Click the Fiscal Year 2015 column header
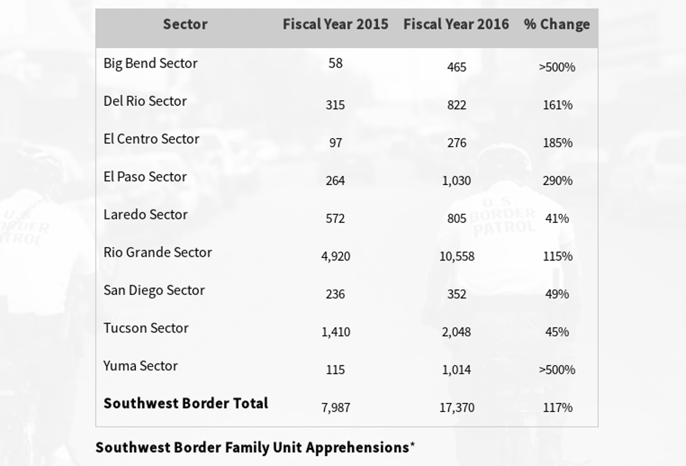[x=335, y=25]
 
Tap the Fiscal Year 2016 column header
[x=456, y=25]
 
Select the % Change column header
[x=557, y=25]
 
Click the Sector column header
[x=185, y=25]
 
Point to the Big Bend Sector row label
[x=150, y=63]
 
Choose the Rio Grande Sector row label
[x=157, y=252]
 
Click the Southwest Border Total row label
[x=186, y=403]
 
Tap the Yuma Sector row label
[x=140, y=366]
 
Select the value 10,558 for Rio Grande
[x=457, y=256]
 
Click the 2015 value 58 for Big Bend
[x=335, y=63]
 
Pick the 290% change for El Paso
[x=557, y=181]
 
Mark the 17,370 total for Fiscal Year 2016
[x=457, y=407]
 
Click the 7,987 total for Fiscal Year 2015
[x=335, y=407]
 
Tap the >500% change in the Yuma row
[x=557, y=370]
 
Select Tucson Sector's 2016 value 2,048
[x=457, y=332]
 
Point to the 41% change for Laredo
[x=557, y=218]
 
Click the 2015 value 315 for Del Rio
[x=335, y=105]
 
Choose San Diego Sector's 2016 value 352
[x=457, y=294]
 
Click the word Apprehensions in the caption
[x=357, y=448]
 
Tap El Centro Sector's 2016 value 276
[x=457, y=143]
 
